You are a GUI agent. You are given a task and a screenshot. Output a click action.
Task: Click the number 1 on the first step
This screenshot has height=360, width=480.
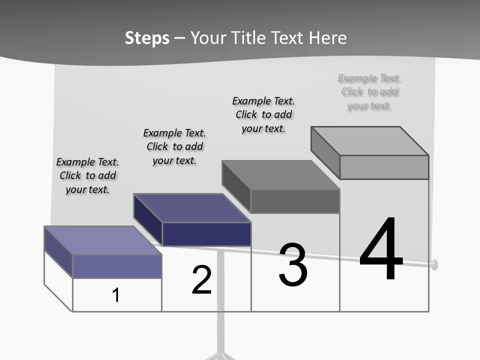click(116, 295)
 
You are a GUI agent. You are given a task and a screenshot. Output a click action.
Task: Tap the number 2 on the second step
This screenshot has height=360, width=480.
click(201, 279)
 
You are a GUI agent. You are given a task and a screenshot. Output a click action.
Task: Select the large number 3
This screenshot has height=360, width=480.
click(292, 265)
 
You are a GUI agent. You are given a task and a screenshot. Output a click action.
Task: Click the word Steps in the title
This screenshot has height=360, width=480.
click(147, 38)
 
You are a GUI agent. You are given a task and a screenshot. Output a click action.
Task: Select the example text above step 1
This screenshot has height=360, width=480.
click(87, 175)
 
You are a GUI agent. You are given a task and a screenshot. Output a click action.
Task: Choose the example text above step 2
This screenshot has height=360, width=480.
click(174, 146)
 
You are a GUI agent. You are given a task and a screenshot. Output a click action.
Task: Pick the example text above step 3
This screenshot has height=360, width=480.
click(263, 114)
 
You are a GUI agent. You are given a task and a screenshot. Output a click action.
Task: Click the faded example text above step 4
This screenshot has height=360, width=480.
click(369, 92)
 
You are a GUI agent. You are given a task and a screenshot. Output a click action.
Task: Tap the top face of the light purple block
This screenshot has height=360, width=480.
click(102, 240)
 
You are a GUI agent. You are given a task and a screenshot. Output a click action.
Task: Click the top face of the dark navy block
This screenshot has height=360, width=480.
click(191, 207)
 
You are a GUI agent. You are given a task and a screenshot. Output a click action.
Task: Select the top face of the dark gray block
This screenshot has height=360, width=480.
click(280, 175)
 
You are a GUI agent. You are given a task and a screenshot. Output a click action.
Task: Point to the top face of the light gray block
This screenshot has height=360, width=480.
click(369, 140)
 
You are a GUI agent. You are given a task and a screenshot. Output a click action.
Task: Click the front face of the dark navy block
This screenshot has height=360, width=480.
click(206, 234)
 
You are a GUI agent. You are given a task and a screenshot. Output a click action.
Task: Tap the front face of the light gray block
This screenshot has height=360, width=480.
click(384, 167)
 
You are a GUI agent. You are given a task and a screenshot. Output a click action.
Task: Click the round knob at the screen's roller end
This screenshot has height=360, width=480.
click(434, 264)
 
